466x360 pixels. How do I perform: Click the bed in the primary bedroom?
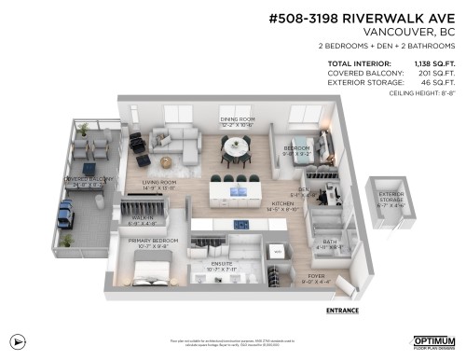pyautogui.click(x=154, y=272)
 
